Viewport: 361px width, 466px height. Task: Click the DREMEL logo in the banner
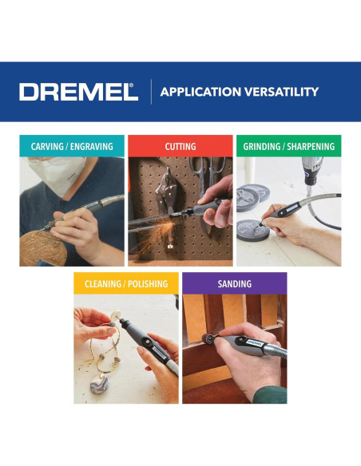click(x=78, y=92)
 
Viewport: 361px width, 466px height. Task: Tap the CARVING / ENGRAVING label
click(x=72, y=147)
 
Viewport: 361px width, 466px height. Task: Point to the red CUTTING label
click(x=180, y=147)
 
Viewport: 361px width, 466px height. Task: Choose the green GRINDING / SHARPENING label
click(x=288, y=147)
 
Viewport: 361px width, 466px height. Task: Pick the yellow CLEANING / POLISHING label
click(x=126, y=283)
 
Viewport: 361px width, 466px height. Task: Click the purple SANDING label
click(x=234, y=283)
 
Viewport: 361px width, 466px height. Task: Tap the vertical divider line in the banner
click(x=151, y=92)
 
